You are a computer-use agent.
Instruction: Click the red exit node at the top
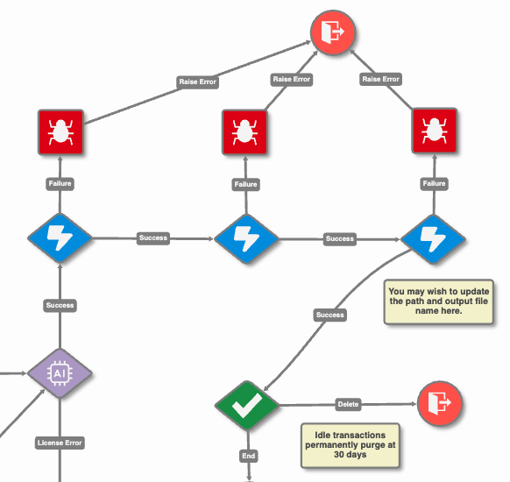click(333, 32)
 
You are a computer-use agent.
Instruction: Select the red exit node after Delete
click(439, 403)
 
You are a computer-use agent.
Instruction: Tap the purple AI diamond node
click(60, 373)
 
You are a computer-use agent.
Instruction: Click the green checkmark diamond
click(247, 405)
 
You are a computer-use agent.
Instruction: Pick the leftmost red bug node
click(60, 132)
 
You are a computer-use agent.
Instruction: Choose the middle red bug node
click(244, 132)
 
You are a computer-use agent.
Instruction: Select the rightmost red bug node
click(435, 131)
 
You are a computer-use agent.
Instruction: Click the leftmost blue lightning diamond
click(60, 238)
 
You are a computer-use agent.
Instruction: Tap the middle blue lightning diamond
click(246, 239)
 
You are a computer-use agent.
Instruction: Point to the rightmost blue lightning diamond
click(433, 239)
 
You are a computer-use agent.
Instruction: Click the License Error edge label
click(60, 443)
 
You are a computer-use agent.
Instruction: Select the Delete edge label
click(348, 404)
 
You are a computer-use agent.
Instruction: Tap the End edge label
click(249, 456)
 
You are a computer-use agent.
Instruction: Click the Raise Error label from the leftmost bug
click(197, 82)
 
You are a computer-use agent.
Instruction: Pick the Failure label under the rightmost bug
click(434, 184)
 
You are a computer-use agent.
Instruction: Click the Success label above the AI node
click(60, 305)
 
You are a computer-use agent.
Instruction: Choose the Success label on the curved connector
click(329, 315)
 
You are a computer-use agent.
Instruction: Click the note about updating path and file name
click(439, 301)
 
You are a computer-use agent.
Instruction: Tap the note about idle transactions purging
click(351, 445)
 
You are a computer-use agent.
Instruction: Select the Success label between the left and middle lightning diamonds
click(153, 238)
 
